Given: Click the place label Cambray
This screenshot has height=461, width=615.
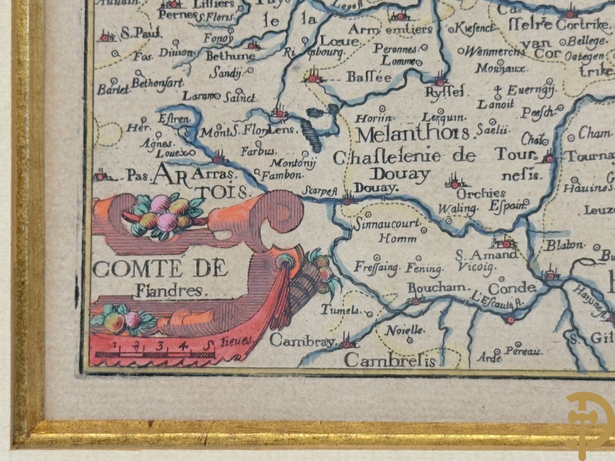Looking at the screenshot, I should pyautogui.click(x=303, y=341).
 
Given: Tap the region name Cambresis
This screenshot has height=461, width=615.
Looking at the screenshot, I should pyautogui.click(x=389, y=361).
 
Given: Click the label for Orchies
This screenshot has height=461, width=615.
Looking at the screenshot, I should pyautogui.click(x=481, y=193).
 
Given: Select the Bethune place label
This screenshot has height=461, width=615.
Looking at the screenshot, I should pyautogui.click(x=230, y=56).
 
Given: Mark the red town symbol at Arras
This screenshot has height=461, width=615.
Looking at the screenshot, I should pyautogui.click(x=218, y=160).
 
